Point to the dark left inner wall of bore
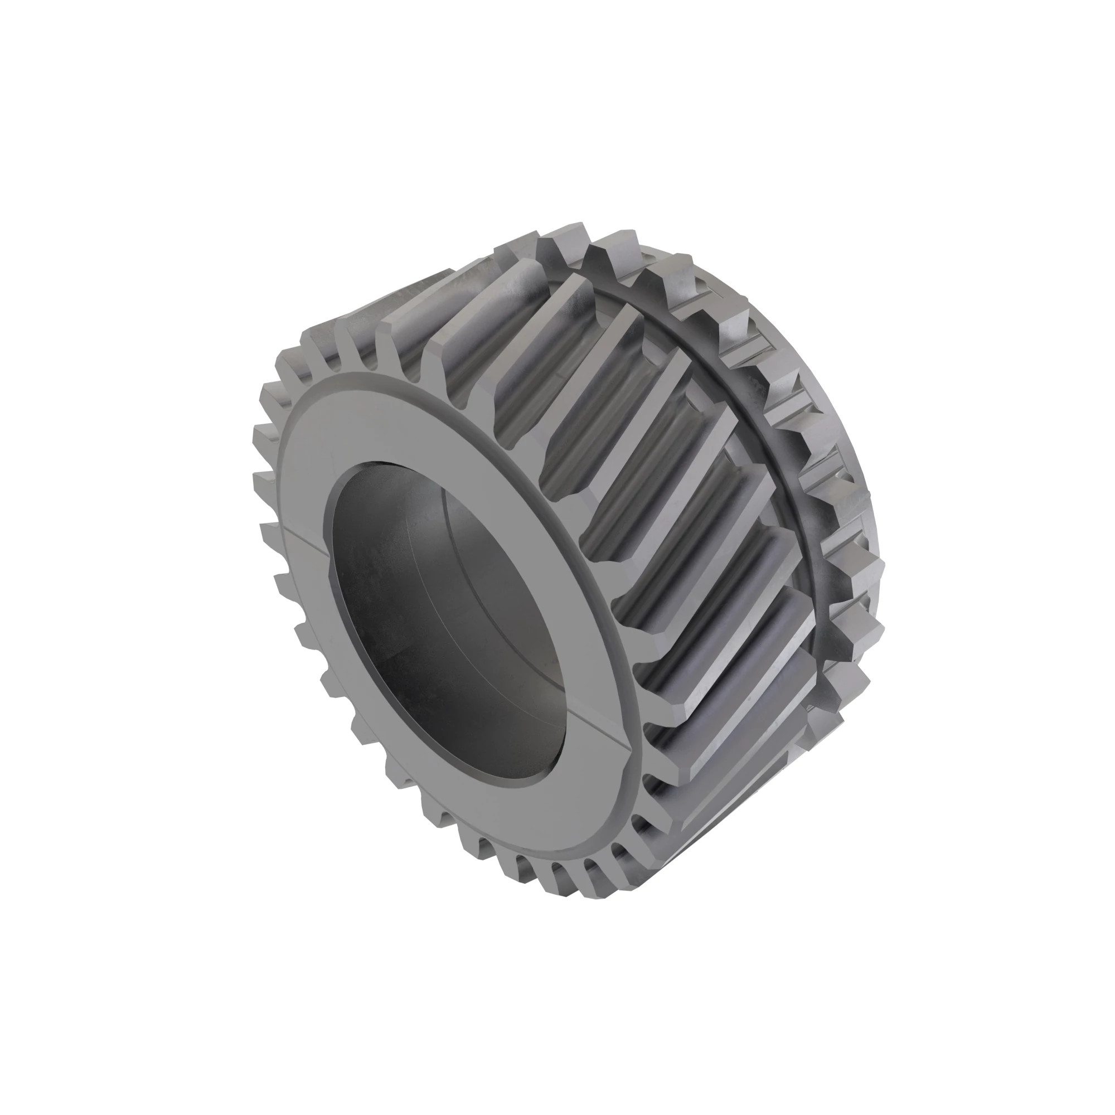click(x=370, y=606)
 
